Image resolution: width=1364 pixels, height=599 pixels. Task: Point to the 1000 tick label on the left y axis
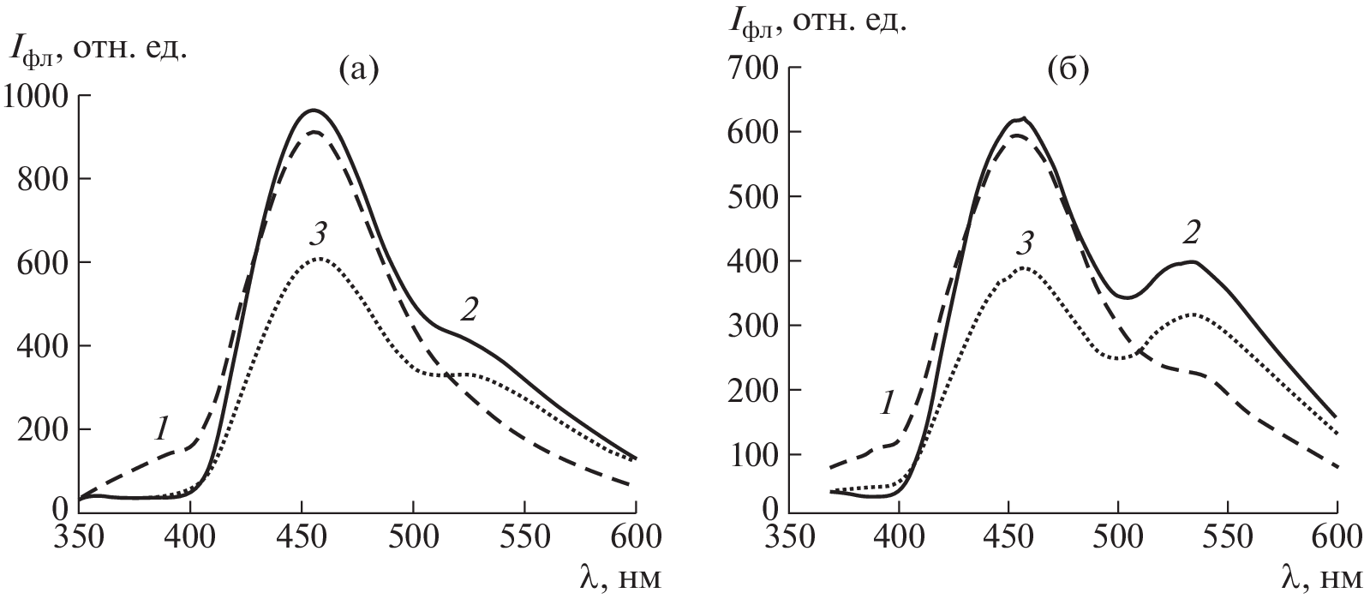tap(40, 96)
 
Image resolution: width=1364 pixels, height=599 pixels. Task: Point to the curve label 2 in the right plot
tap(1190, 232)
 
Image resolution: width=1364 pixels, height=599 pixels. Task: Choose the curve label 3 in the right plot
tap(1024, 244)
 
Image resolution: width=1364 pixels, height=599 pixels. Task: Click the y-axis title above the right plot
tap(817, 21)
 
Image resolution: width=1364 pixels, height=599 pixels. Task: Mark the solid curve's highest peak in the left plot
tap(314, 110)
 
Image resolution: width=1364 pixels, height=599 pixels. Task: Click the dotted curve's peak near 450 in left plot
tap(318, 258)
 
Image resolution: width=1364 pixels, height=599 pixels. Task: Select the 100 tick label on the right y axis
tap(756, 454)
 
